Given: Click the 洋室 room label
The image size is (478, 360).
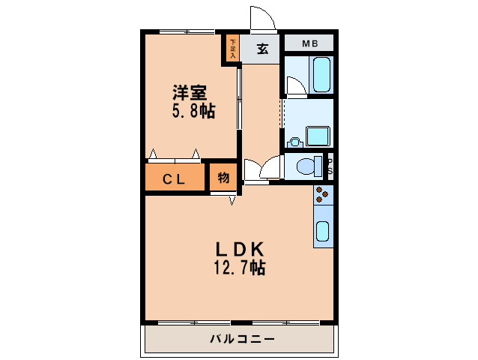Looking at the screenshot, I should point(190,93).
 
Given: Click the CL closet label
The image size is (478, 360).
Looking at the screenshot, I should point(175,178).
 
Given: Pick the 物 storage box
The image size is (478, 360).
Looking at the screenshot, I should point(223,178).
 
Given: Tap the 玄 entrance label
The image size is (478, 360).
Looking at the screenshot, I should point(263,50).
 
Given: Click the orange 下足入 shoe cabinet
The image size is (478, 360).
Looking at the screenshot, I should point(232,49).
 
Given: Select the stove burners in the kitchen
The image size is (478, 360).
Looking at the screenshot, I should point(322,194).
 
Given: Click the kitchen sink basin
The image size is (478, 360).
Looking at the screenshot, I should point(322,231).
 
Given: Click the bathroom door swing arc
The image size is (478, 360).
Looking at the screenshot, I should point(295,87).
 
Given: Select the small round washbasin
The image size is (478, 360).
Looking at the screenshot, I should point(294,140).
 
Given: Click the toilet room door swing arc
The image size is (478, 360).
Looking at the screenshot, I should point(271,166).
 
